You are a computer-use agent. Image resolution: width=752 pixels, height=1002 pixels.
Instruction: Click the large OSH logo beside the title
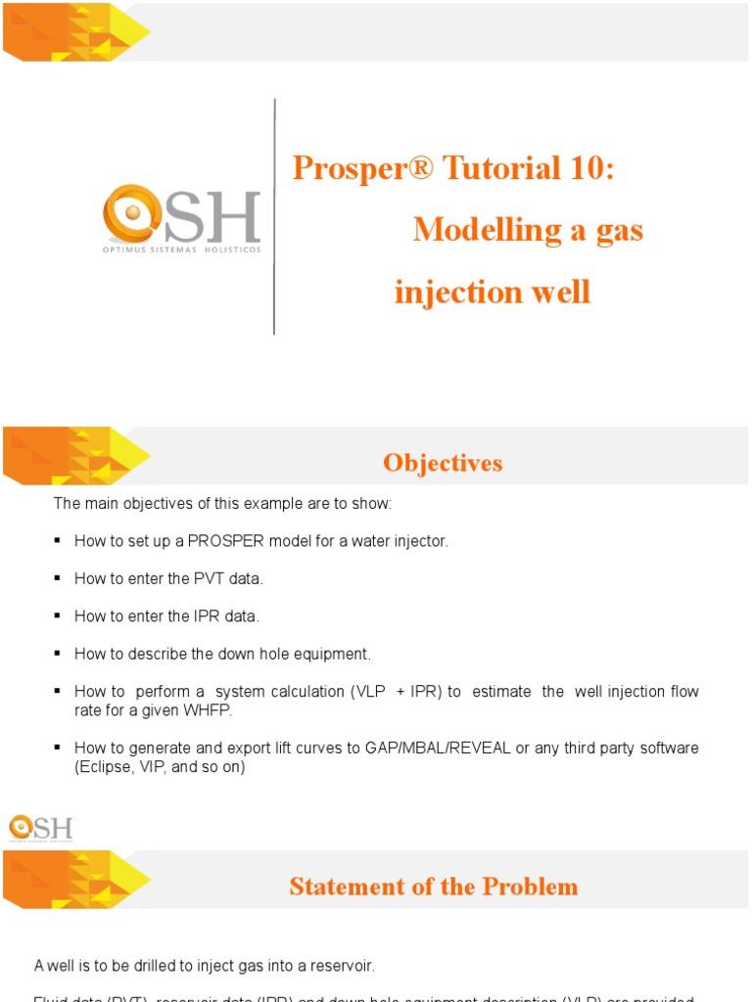tap(182, 217)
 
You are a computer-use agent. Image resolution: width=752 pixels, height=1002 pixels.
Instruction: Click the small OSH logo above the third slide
tap(40, 828)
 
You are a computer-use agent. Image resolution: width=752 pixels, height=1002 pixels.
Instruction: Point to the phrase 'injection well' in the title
tap(493, 292)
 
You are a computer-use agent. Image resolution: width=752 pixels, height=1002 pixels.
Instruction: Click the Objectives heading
tap(443, 463)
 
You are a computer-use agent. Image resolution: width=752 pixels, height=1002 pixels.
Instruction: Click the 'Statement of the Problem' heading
tap(434, 887)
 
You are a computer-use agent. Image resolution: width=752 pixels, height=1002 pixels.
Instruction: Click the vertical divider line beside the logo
tap(274, 215)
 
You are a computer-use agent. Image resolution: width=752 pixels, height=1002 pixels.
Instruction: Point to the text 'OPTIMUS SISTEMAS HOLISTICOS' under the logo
tap(182, 250)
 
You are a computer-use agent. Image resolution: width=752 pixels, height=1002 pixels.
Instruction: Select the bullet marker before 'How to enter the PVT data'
tap(58, 578)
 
